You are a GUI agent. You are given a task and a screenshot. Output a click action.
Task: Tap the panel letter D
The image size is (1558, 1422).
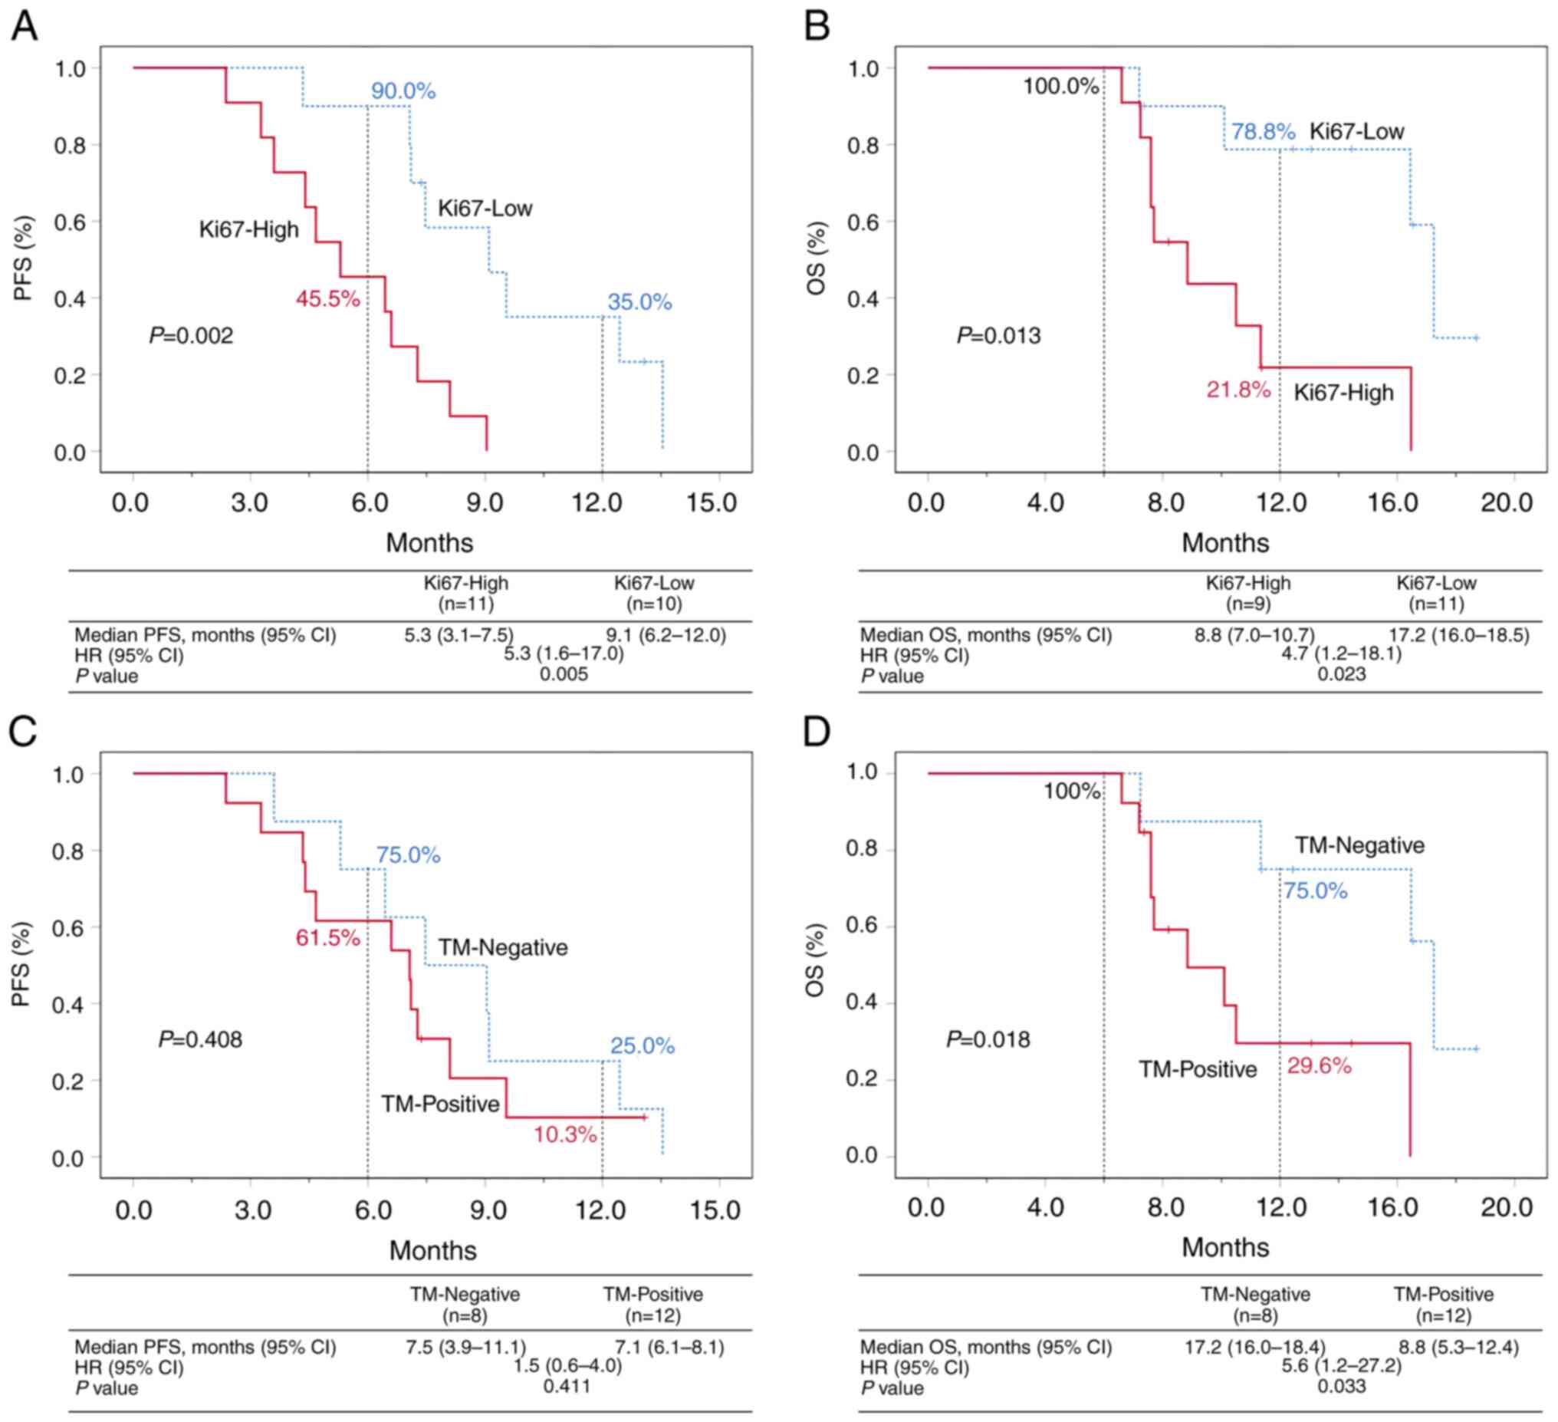817,732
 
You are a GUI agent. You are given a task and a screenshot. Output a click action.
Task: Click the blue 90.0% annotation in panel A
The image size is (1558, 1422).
403,91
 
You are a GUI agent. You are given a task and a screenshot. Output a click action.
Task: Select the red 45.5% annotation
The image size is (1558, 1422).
327,299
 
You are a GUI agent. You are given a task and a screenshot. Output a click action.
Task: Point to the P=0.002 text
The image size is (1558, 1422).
191,336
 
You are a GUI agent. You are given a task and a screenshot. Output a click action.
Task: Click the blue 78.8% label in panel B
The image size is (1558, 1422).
1263,131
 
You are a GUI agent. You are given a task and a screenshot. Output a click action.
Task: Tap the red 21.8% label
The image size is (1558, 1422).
1238,390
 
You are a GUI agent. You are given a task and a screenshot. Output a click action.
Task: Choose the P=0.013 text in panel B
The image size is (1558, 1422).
998,336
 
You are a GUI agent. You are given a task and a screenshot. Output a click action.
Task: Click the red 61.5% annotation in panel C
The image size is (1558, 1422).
327,938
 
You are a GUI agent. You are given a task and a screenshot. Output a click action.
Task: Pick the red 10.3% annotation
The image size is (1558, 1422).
565,1135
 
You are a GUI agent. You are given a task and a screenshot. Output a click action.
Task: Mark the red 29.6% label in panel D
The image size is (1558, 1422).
1320,1066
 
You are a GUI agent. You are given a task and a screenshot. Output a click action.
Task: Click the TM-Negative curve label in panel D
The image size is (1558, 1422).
1359,845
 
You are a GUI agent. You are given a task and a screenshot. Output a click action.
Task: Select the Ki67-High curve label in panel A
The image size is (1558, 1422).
249,229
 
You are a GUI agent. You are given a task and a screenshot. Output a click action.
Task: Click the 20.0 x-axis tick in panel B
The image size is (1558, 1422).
1506,502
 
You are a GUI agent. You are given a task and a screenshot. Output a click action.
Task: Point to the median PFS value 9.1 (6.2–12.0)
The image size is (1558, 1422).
666,636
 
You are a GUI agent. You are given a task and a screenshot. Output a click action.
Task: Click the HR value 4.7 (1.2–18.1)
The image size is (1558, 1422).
1341,654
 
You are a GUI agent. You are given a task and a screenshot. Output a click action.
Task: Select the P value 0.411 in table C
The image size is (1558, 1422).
567,1386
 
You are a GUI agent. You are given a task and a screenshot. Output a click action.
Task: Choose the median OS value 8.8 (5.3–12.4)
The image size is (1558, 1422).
1458,1348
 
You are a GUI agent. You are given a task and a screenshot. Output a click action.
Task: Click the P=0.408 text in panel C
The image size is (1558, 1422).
200,1039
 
